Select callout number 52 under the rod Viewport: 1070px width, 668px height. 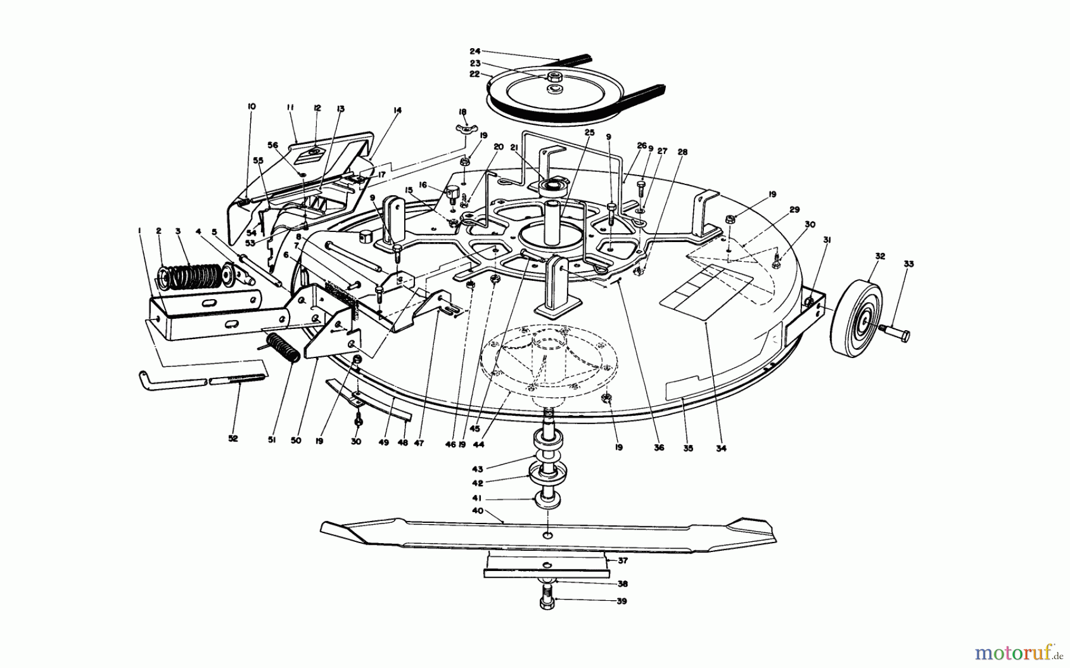pos(232,438)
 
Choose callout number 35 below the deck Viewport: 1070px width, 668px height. pos(688,448)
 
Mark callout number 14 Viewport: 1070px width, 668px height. pos(397,110)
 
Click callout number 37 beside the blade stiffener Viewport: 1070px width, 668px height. pos(622,561)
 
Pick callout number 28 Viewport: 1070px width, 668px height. pos(682,152)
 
